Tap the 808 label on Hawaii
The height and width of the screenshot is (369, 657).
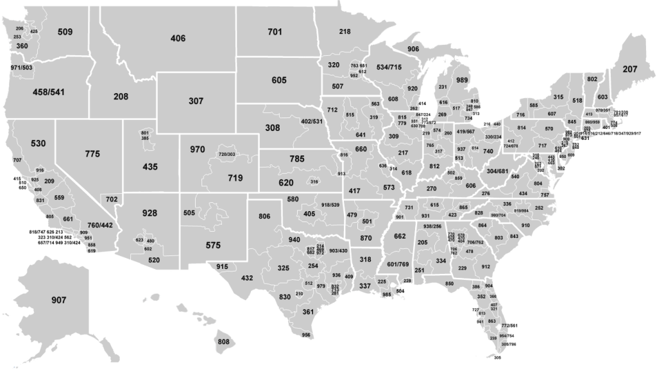click(x=224, y=341)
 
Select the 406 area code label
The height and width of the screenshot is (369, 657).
click(x=178, y=39)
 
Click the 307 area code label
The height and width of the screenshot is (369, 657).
click(x=196, y=101)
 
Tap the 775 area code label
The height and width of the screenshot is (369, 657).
click(x=92, y=154)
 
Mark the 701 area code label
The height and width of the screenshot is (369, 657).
click(x=275, y=31)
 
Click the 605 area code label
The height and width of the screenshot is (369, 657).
click(x=278, y=80)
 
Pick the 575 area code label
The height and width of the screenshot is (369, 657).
click(x=214, y=245)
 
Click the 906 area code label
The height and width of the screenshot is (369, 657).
click(x=413, y=49)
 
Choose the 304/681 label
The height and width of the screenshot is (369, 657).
click(x=498, y=172)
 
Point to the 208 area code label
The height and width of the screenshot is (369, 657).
click(x=121, y=97)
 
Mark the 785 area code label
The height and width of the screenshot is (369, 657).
click(x=296, y=158)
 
